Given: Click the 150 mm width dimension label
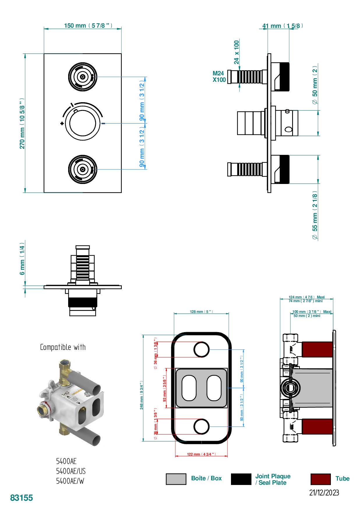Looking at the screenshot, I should (x=88, y=26).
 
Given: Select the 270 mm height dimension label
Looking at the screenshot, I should (x=22, y=123).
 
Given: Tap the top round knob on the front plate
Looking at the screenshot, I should (x=83, y=77).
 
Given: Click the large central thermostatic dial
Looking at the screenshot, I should (x=83, y=123).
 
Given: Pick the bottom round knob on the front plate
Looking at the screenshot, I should (x=83, y=169).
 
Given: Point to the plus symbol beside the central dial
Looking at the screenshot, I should (x=62, y=123).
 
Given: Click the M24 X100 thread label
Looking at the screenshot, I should (x=219, y=77).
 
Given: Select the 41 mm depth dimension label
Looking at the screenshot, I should (x=282, y=26).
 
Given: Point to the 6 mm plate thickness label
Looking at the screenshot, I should (x=22, y=260).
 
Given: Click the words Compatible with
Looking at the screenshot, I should (x=63, y=347).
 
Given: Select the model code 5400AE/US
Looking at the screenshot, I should (x=71, y=471).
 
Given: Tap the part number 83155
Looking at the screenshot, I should (x=22, y=498).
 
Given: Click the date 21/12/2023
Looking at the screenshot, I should (x=324, y=493).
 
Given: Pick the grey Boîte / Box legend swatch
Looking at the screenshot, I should (x=176, y=479).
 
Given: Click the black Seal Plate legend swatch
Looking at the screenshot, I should (x=241, y=479).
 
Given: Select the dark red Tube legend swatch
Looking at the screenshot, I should (x=320, y=479).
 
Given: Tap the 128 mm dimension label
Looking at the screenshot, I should (x=201, y=312).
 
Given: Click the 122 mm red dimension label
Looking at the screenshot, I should (x=201, y=454).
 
